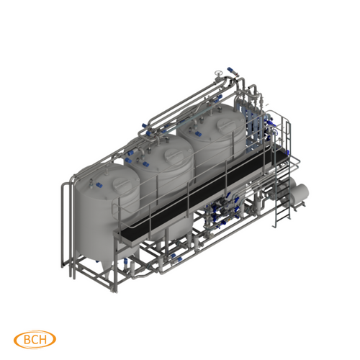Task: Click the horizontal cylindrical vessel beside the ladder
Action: coord(295,193)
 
